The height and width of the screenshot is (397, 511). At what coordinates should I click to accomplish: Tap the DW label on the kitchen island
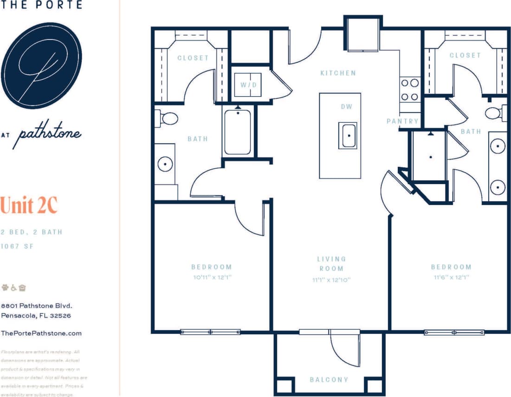click(346, 106)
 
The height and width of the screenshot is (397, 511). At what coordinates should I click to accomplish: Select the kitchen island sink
click(348, 136)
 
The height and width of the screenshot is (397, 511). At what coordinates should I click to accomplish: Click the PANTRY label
click(402, 121)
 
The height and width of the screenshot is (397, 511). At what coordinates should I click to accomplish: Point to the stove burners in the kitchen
click(410, 90)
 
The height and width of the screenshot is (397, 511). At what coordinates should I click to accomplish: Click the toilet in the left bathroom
click(167, 118)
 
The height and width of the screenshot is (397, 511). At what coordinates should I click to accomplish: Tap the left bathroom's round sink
click(165, 164)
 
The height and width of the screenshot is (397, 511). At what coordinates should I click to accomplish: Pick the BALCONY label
click(329, 380)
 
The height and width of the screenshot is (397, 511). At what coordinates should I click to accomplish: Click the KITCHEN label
click(338, 73)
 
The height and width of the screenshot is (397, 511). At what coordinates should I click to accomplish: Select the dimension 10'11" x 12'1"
click(211, 277)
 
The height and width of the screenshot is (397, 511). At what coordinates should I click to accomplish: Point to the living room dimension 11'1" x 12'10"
click(331, 280)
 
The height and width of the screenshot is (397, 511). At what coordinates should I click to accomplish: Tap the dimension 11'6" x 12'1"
click(451, 277)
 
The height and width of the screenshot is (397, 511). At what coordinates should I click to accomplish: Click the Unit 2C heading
click(29, 205)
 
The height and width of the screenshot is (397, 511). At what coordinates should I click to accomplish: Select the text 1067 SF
click(17, 246)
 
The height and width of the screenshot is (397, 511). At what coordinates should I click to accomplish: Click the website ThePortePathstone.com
click(41, 333)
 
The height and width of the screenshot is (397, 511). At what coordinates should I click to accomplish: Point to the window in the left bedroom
click(210, 332)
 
